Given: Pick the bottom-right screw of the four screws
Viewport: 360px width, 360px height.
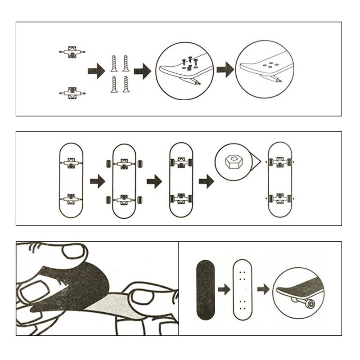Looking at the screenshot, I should click(x=126, y=85).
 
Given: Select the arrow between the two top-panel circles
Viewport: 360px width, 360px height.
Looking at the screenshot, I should click(x=225, y=70).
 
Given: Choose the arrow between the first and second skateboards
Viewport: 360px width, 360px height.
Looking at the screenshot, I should click(x=97, y=181).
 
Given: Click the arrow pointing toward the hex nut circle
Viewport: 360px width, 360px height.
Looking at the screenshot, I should click(x=206, y=181).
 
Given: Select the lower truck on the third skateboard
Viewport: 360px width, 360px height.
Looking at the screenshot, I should click(x=181, y=198).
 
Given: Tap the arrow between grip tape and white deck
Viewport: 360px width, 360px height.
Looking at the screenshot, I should click(x=224, y=289).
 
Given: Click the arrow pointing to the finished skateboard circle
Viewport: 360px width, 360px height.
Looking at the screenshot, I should click(x=263, y=289).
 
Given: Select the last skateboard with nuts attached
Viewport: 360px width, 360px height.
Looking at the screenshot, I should click(x=279, y=180).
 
